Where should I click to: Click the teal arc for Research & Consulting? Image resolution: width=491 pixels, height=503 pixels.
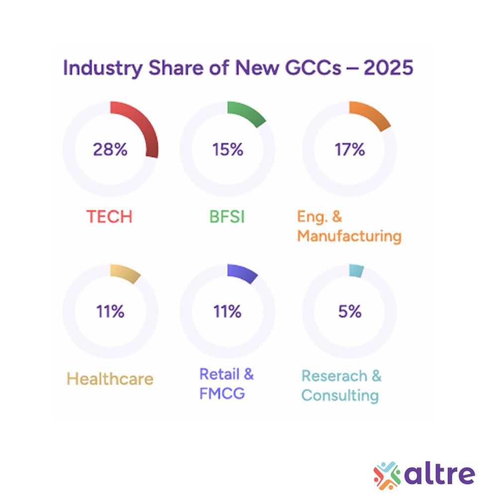pos(356,271)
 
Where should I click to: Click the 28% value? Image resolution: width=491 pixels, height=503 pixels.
pos(110,149)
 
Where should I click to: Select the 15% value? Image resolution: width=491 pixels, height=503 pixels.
pos(227,149)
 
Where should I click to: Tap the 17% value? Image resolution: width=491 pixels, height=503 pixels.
pos(350,149)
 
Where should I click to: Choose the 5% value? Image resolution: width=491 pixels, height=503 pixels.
pos(350,312)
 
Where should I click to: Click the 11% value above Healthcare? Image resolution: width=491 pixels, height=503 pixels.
pos(110,312)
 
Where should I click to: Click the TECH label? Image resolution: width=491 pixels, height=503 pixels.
pos(109,217)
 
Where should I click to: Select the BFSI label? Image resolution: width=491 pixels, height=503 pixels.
pos(227,217)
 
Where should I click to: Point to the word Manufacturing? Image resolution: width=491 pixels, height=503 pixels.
pos(349,235)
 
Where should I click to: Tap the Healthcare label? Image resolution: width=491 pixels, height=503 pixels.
pos(110,379)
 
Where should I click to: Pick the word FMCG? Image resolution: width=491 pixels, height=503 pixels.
pos(222,394)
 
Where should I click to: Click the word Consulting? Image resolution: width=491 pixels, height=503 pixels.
pos(340,396)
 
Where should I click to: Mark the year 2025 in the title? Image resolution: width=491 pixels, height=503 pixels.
pos(388,68)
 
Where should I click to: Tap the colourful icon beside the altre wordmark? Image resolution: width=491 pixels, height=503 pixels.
pos(387,474)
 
